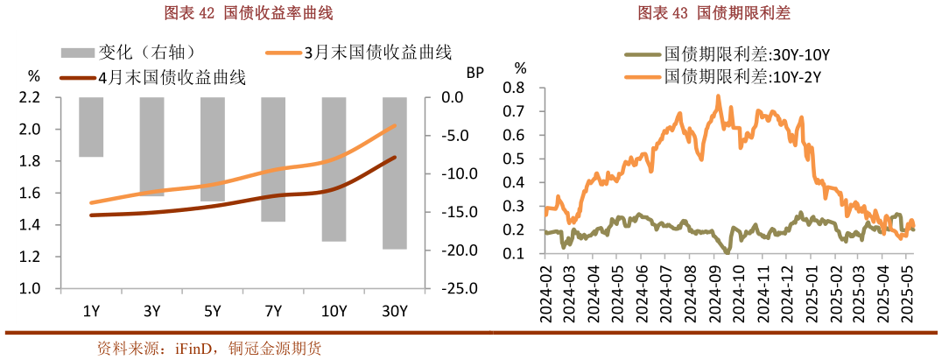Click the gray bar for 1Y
pyautogui.click(x=91, y=127)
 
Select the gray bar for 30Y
pyautogui.click(x=395, y=173)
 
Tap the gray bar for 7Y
pyautogui.click(x=273, y=159)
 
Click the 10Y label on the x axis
pyautogui.click(x=334, y=310)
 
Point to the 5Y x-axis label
pyautogui.click(x=212, y=310)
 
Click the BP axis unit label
pyautogui.click(x=475, y=73)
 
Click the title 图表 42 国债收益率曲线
pyautogui.click(x=236, y=13)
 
